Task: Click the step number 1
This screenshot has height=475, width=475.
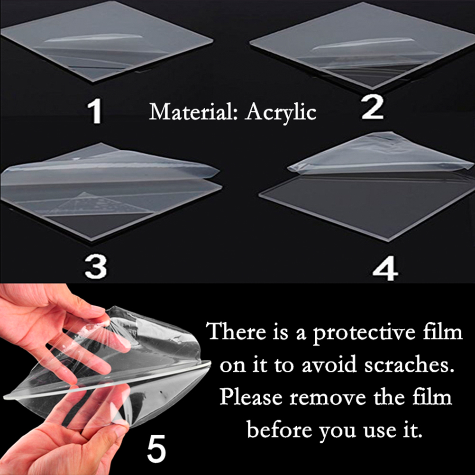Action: pyautogui.click(x=95, y=111)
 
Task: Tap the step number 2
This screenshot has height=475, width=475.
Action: pyautogui.click(x=373, y=107)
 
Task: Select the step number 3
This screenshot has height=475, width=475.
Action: pyautogui.click(x=96, y=266)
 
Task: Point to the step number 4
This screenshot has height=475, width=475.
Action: pyautogui.click(x=385, y=268)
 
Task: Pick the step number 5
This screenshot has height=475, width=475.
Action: pyautogui.click(x=156, y=448)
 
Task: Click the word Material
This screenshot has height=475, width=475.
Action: pyautogui.click(x=193, y=112)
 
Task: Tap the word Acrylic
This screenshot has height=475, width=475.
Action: pyautogui.click(x=281, y=113)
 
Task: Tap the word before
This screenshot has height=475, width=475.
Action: pyautogui.click(x=280, y=429)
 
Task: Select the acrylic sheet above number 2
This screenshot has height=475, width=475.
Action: pyautogui.click(x=362, y=45)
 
